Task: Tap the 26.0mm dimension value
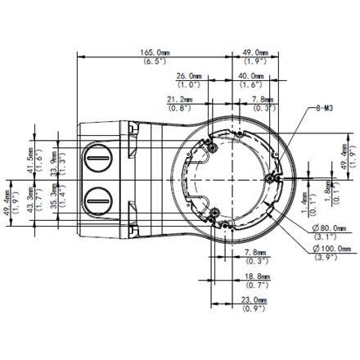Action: click(190, 74)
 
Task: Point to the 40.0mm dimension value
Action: click(250, 74)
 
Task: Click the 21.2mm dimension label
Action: click(181, 99)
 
